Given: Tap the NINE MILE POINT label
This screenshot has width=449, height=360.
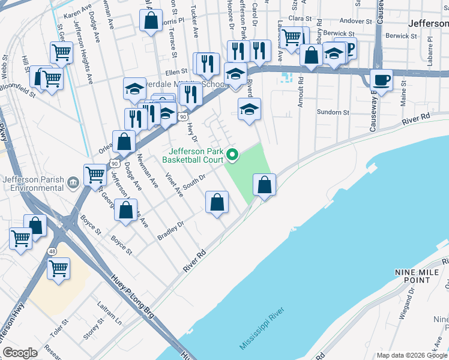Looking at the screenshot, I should click(x=414, y=276).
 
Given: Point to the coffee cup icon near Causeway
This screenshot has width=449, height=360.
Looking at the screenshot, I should click(x=381, y=79).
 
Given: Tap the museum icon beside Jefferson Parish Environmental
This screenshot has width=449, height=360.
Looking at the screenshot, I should click(x=73, y=181).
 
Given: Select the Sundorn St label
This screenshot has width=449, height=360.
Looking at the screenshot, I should click(x=333, y=112).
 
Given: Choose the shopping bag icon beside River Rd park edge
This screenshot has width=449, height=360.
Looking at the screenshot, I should click(x=264, y=185).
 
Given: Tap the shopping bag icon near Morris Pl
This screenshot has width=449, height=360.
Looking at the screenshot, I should click(x=151, y=19).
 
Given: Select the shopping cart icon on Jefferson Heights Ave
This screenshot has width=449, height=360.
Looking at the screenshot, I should click(x=61, y=53).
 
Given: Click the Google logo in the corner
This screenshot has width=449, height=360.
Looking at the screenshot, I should click(x=19, y=353).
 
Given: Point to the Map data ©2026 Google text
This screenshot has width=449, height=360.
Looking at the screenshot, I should click(x=412, y=355).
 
